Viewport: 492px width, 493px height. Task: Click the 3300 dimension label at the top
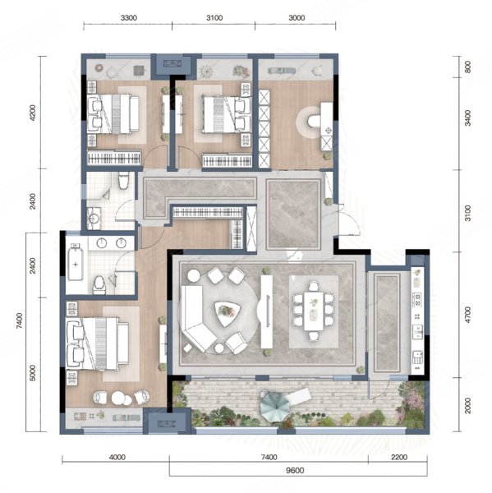coord(129,18)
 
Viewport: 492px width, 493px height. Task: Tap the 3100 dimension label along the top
coord(214,18)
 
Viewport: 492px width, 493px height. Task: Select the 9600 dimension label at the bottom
coord(295,471)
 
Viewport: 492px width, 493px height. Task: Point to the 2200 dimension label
coord(399,457)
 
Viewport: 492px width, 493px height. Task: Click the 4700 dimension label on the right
coord(468,315)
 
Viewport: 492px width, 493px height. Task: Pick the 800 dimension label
coord(467,67)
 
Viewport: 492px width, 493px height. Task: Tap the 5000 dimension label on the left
coord(32,372)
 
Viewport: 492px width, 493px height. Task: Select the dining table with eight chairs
coord(313,311)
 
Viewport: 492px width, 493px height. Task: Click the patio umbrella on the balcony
coord(275,405)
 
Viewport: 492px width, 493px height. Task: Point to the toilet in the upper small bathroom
coord(123,180)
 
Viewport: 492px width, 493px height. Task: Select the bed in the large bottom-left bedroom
coord(97,343)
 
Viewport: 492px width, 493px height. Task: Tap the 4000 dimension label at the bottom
coord(117,457)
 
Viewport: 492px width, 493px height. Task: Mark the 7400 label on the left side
coord(19,320)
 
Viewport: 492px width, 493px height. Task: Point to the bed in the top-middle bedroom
coord(227,114)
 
